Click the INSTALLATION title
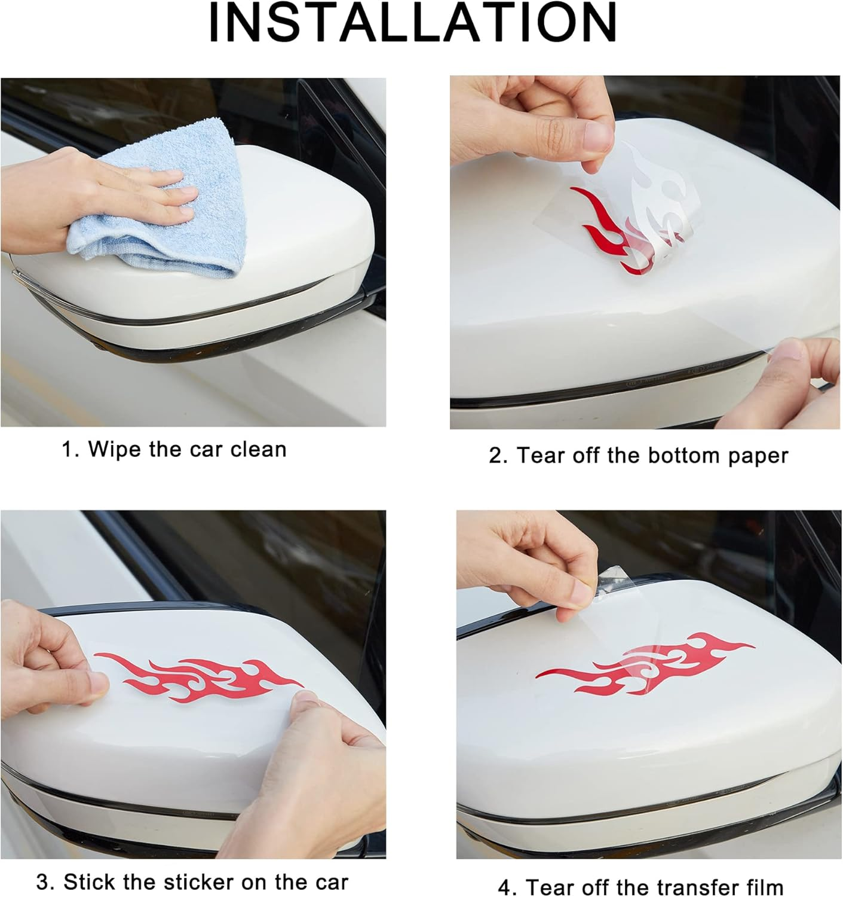pyautogui.click(x=412, y=23)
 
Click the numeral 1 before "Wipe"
pyautogui.click(x=66, y=450)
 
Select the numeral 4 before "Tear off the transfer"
pyautogui.click(x=506, y=887)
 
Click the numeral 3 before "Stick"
pyautogui.click(x=43, y=881)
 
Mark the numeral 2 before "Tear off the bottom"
pyautogui.click(x=496, y=456)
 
